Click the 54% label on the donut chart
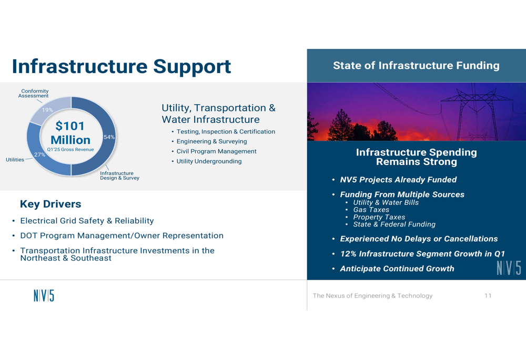(x=109, y=137)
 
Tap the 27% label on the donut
(x=39, y=155)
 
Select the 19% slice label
(x=47, y=110)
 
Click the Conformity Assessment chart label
(x=34, y=94)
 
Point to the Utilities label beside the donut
(x=15, y=160)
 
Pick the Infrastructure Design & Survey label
(x=119, y=176)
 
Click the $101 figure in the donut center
(x=70, y=126)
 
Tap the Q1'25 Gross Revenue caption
(x=70, y=149)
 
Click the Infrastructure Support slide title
(x=122, y=66)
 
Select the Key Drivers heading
(x=50, y=204)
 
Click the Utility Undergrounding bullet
(x=209, y=161)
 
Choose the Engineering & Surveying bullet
(x=211, y=141)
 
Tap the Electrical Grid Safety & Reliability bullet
(x=87, y=221)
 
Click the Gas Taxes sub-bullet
(x=371, y=210)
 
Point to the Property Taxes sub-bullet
(x=379, y=217)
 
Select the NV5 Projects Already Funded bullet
(x=398, y=180)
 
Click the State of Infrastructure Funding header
(x=416, y=65)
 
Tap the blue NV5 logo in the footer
(x=44, y=296)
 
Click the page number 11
(x=488, y=296)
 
